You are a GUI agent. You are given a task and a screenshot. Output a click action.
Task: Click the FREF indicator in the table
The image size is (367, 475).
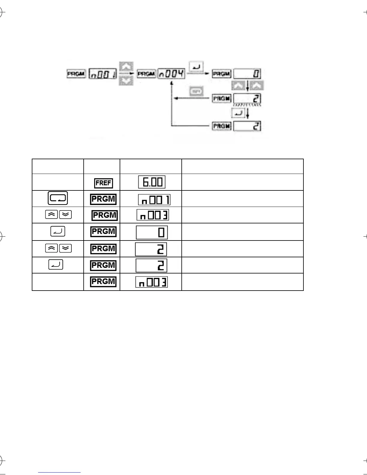click(104, 183)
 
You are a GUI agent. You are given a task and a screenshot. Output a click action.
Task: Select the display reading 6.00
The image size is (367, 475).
click(152, 182)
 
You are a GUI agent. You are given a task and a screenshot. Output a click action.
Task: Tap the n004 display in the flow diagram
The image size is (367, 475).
click(172, 73)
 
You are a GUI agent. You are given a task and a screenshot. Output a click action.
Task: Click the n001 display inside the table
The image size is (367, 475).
click(154, 200)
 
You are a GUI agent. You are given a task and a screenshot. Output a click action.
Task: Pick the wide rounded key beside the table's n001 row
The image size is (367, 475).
click(58, 199)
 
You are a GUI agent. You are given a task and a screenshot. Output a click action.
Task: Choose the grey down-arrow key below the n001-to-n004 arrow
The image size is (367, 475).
click(126, 81)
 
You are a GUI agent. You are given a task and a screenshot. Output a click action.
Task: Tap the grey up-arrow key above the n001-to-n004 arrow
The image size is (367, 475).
click(126, 67)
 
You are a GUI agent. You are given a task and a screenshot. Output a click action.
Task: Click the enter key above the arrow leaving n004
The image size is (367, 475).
click(196, 67)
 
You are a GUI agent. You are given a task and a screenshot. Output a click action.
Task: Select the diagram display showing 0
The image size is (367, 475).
click(247, 74)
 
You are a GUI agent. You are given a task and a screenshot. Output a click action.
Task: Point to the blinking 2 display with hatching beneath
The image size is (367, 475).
click(247, 99)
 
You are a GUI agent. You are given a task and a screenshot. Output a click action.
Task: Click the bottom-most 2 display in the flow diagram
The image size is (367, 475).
click(247, 126)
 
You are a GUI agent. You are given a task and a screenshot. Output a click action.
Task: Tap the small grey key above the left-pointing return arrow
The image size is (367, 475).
click(196, 91)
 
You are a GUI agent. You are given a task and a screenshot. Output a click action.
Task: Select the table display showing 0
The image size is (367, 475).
click(152, 232)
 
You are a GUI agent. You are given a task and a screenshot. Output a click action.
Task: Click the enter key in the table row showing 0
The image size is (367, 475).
click(58, 232)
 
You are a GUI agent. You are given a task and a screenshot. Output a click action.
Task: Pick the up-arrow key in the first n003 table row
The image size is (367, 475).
click(51, 215)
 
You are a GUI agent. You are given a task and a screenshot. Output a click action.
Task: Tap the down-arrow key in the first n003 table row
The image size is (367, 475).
click(65, 215)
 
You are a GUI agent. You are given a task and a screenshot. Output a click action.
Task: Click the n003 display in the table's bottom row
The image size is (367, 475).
click(152, 282)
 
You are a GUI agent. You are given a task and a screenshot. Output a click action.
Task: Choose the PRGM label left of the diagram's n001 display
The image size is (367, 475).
click(76, 74)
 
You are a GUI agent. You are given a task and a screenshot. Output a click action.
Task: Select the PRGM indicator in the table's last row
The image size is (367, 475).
click(103, 282)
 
